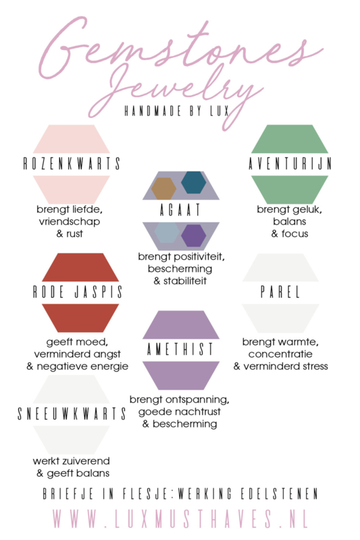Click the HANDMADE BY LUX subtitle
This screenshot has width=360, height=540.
177,111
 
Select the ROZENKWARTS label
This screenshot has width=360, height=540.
72,163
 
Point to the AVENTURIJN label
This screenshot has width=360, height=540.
290,163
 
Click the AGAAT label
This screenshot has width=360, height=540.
180,210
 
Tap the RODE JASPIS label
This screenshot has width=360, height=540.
78,292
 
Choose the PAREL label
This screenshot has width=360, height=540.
280,292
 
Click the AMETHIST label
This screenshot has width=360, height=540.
180,349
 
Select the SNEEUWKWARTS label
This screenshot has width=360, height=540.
72,414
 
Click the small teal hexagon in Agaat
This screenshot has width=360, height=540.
194,182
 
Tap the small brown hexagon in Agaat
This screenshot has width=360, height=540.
163,189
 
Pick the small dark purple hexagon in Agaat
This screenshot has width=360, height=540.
194,236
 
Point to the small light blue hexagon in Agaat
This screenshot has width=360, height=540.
167,232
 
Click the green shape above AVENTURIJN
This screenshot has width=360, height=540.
290,139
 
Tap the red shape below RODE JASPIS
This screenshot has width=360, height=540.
80,318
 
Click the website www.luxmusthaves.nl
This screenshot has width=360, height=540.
180,518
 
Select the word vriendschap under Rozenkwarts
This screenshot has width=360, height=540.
70,221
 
